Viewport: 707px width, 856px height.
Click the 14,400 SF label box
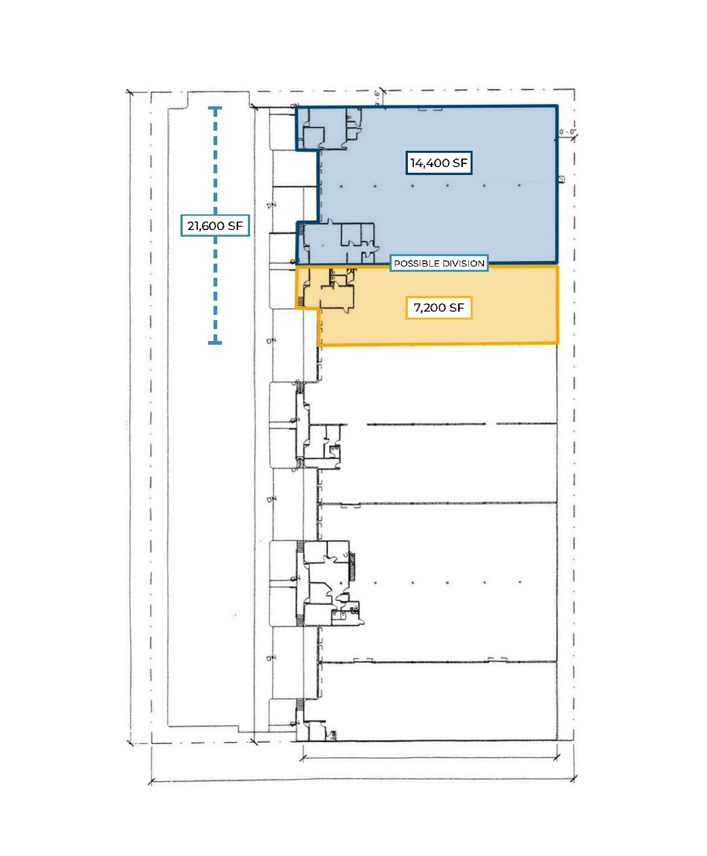coord(439,163)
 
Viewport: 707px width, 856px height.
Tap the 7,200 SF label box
coord(439,308)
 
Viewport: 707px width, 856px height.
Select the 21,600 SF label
coord(215,226)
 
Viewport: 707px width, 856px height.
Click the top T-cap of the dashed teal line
coord(215,109)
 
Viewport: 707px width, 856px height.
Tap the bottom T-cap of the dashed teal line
coord(215,343)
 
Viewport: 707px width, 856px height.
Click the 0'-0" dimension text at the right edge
coord(567,132)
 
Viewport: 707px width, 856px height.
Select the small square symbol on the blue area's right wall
coord(561,180)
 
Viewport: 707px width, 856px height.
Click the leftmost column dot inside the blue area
coord(341,186)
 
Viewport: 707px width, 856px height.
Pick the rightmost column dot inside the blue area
coord(519,185)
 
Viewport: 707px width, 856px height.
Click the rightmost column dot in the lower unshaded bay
coord(520,582)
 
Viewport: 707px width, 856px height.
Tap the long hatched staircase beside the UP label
coord(352,567)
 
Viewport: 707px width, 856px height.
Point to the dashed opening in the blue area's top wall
coord(430,110)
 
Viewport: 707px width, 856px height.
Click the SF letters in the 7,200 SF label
coord(456,308)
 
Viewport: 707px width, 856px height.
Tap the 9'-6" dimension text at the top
coord(377,98)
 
